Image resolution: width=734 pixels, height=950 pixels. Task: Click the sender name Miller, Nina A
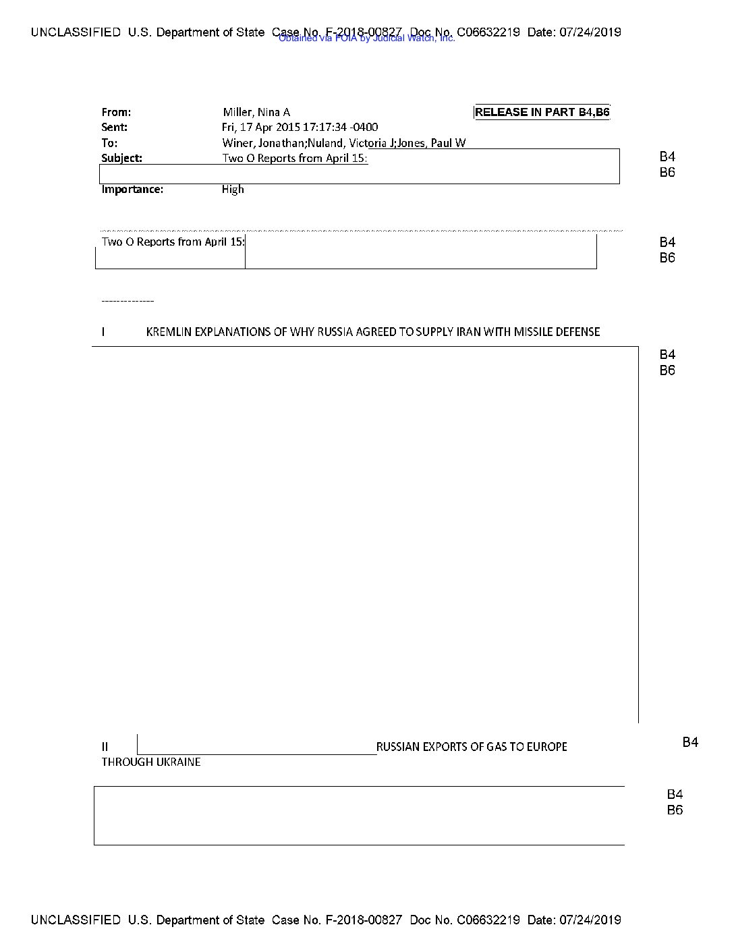(256, 113)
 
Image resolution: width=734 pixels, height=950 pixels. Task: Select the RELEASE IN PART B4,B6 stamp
(542, 112)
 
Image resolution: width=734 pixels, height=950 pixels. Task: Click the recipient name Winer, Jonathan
(263, 143)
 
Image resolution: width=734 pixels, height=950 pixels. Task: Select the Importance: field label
(132, 190)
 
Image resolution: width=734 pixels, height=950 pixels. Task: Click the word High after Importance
(233, 190)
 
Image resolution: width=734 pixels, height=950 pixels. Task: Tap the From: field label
(116, 113)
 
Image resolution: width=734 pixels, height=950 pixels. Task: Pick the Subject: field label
(121, 159)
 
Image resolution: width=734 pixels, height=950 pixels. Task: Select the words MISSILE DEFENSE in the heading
(557, 332)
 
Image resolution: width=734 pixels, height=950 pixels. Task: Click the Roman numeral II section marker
(105, 747)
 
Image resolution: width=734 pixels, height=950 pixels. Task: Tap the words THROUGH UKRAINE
(151, 762)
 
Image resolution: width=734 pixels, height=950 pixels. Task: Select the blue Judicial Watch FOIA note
(366, 38)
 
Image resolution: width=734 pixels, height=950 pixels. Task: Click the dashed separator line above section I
(128, 301)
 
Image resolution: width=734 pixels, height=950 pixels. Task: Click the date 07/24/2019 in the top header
(590, 32)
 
